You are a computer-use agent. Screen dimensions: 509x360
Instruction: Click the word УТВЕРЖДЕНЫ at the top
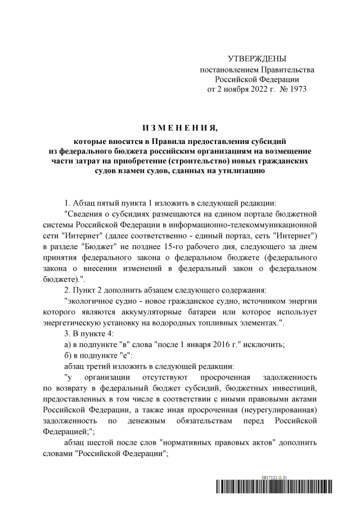257,59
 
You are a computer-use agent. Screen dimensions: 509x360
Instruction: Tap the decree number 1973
298,89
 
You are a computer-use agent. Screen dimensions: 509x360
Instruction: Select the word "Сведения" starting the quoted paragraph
84,214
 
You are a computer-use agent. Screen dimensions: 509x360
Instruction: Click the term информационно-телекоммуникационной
260,224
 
